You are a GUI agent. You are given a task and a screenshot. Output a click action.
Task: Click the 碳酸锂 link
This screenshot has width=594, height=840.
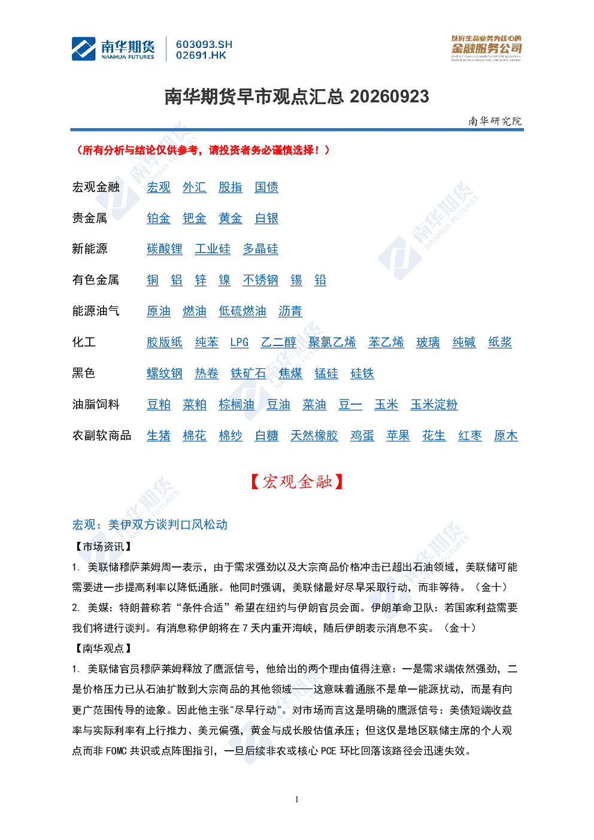[165, 249]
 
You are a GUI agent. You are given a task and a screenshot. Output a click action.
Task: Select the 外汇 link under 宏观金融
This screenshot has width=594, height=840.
[194, 187]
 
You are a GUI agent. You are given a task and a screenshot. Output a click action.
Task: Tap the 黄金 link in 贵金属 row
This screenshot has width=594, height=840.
[231, 219]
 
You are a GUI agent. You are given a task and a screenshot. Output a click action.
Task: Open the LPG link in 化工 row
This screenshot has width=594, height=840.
[240, 342]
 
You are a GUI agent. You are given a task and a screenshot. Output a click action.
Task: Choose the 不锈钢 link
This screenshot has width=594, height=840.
[260, 280]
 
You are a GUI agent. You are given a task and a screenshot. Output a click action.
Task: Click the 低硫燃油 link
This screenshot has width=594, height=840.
[243, 311]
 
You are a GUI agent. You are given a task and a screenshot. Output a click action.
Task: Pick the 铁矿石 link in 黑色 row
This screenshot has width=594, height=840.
[248, 374]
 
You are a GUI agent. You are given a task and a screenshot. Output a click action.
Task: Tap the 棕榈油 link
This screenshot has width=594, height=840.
[237, 405]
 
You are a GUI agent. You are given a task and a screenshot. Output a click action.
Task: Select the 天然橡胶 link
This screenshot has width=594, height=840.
[314, 436]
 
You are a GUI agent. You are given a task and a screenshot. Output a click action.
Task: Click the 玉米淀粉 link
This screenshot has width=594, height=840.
[434, 405]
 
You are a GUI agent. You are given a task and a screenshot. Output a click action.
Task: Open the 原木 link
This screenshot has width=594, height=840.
[506, 436]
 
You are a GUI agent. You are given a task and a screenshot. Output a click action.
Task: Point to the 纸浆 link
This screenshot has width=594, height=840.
[500, 342]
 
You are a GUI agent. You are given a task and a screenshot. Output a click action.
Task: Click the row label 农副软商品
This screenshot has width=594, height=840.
[102, 435]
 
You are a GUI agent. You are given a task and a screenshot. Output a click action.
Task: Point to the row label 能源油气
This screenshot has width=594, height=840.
[96, 311]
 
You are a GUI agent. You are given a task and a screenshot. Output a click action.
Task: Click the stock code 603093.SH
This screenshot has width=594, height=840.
[204, 44]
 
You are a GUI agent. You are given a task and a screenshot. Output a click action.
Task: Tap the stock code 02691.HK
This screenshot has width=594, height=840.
[201, 56]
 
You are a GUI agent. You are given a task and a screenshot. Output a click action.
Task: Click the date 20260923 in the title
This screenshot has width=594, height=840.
[389, 97]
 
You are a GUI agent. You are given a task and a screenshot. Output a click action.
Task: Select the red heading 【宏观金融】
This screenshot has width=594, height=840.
[297, 482]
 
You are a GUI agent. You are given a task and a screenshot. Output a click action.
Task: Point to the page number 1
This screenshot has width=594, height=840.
[297, 799]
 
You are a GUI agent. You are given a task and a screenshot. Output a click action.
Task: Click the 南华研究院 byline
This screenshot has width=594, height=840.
[495, 121]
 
